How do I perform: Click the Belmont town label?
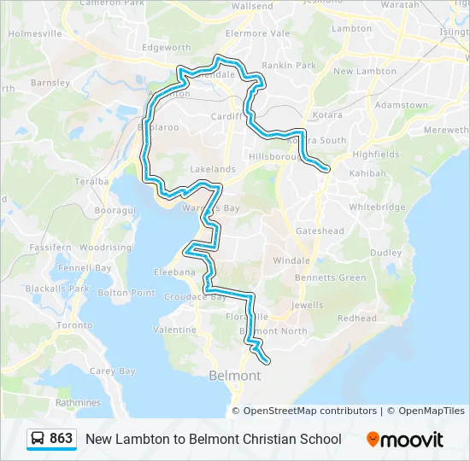[x=235, y=376]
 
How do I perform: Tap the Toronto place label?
[x=74, y=325]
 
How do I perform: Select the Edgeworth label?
[x=166, y=47]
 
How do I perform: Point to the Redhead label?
[x=356, y=318]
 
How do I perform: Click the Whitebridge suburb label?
[x=377, y=207]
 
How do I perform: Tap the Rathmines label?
[x=78, y=403]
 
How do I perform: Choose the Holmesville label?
[x=35, y=34]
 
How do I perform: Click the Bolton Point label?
[x=126, y=293]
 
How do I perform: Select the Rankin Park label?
[x=289, y=65]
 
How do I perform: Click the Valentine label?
[x=175, y=330]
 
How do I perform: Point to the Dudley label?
[x=385, y=253]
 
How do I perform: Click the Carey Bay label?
[x=113, y=371]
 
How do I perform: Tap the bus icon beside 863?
[x=38, y=439]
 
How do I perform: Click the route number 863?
[x=62, y=439]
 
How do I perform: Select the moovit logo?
[x=405, y=440]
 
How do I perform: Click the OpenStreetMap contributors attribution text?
[x=310, y=411]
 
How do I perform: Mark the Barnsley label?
[x=50, y=84]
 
